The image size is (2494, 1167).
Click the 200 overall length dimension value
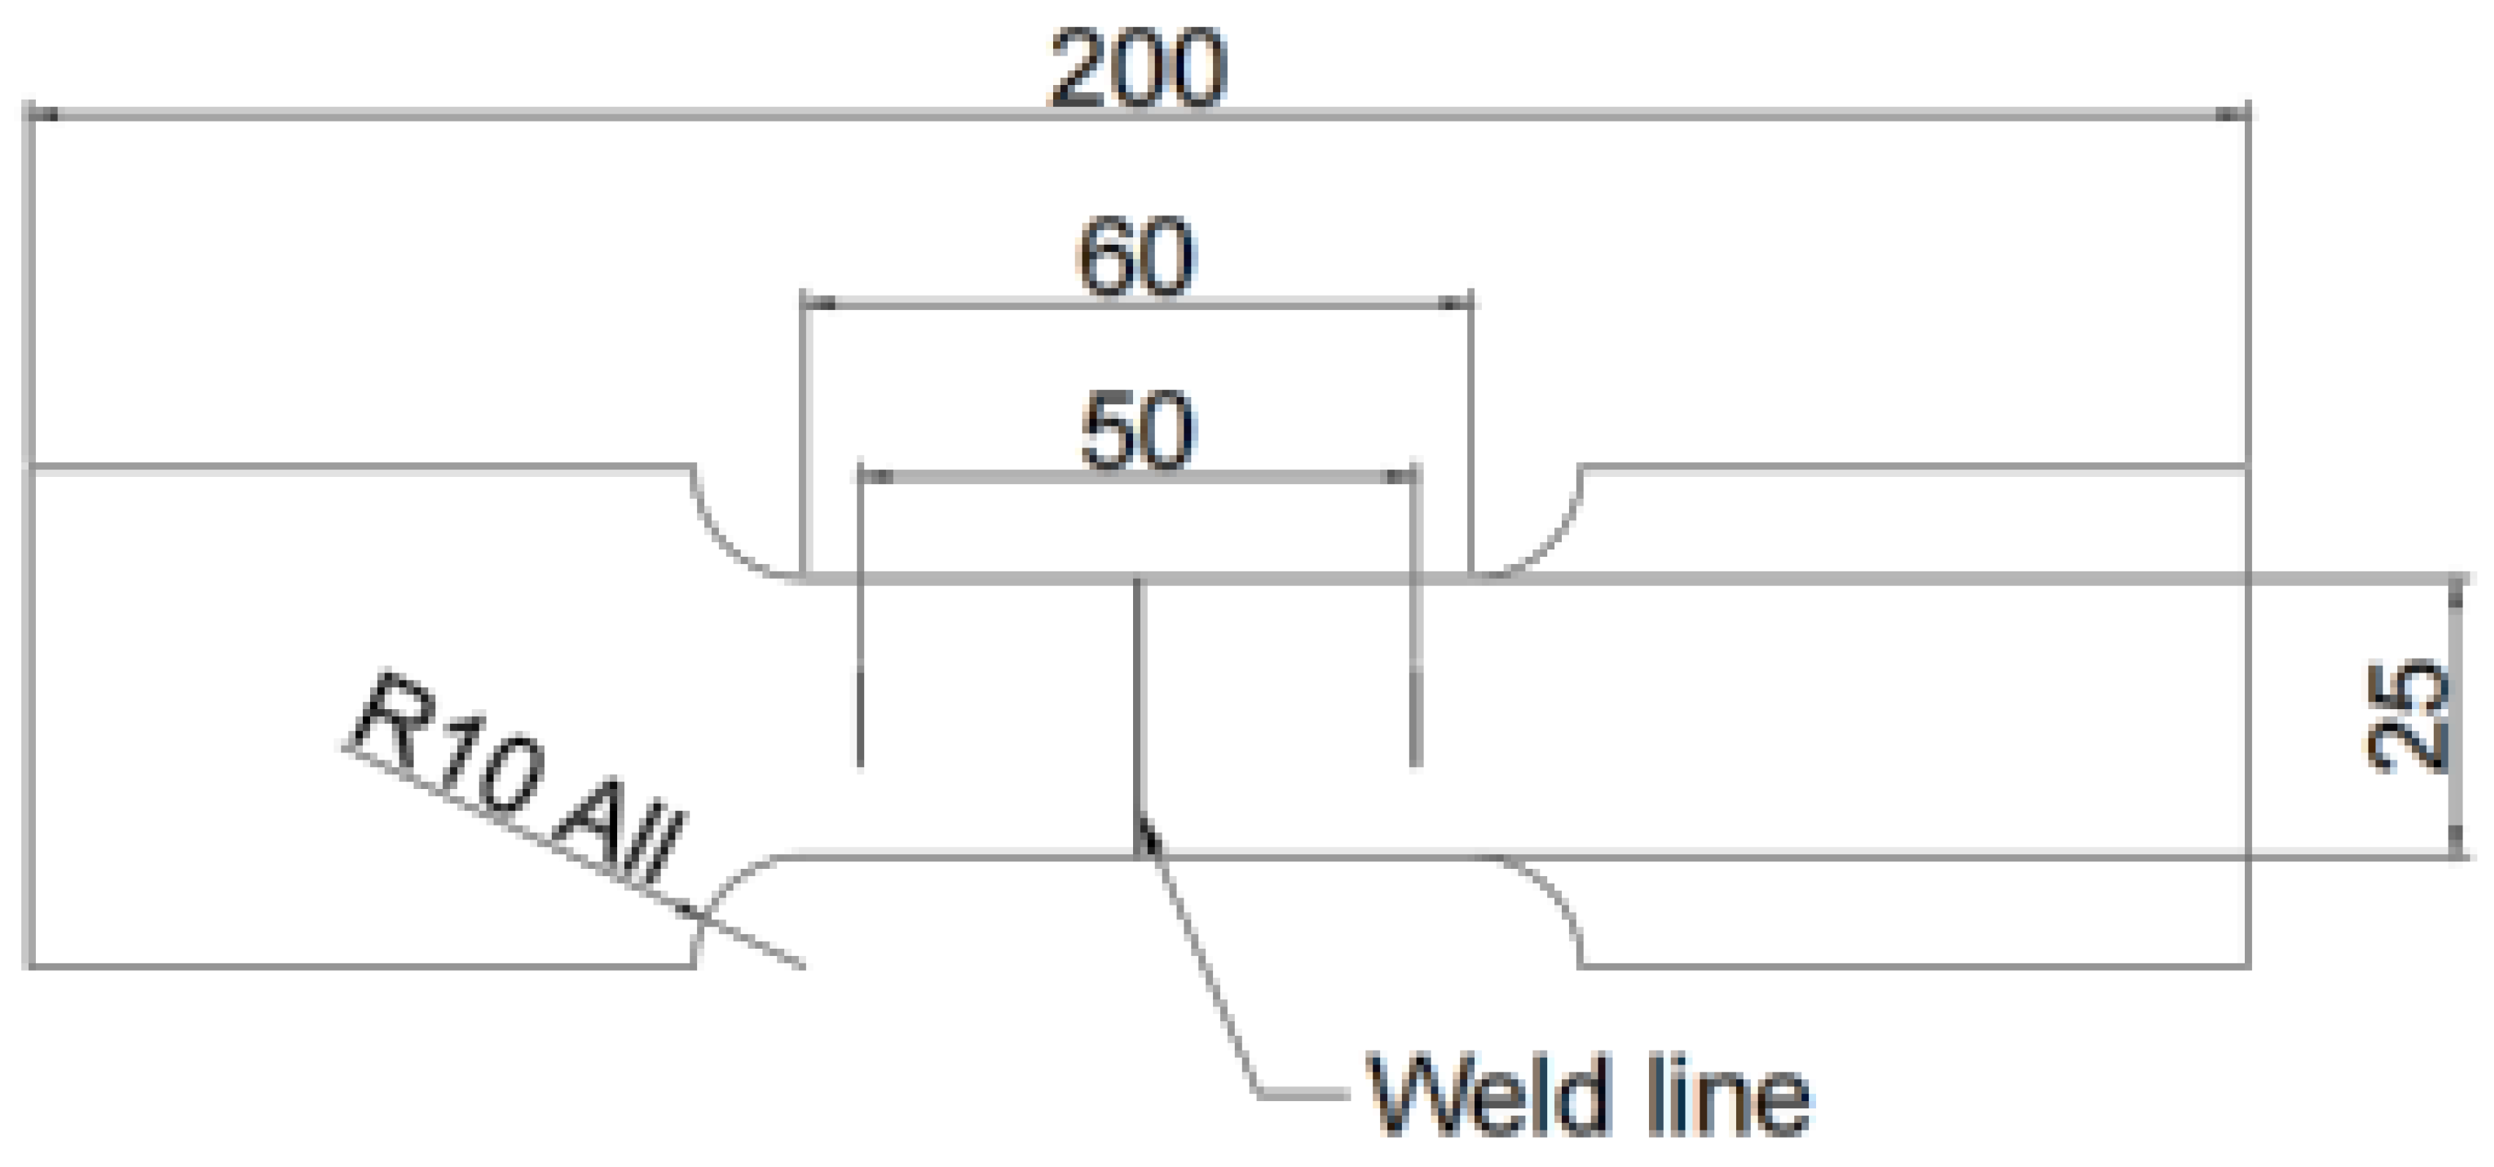(1139, 70)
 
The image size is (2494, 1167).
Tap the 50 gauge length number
(1137, 431)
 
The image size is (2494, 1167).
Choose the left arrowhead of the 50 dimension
(877, 476)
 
